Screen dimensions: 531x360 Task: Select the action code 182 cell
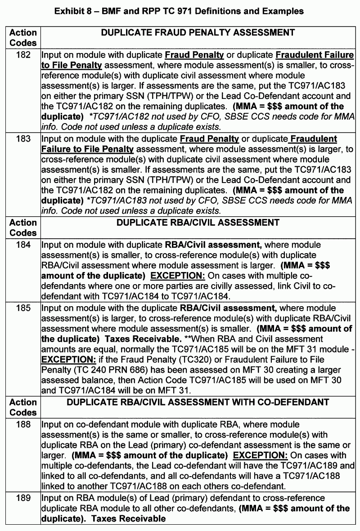pos(23,55)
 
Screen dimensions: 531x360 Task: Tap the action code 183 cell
pos(23,139)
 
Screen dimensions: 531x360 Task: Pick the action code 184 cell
pos(23,245)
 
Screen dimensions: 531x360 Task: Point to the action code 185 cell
pos(23,308)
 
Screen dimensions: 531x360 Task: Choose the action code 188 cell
pos(23,424)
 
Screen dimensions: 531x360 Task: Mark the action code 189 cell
pos(23,498)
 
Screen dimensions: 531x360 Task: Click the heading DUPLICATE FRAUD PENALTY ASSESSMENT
pos(198,33)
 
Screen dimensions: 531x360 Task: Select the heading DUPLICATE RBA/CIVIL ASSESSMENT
pos(198,223)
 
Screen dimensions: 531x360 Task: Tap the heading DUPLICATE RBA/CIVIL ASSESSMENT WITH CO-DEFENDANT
pos(198,402)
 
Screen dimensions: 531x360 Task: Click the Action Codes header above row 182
pos(23,38)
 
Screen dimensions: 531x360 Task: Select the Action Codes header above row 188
pos(23,407)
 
